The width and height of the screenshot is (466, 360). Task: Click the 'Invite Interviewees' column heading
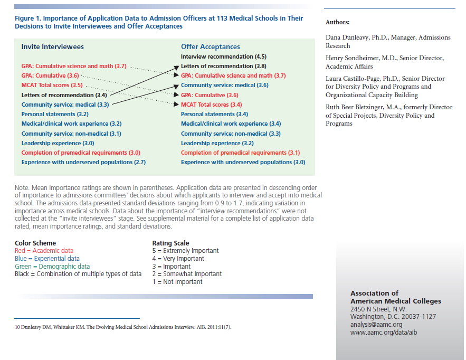(x=52, y=46)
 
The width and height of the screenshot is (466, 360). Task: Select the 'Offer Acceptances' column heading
(x=210, y=46)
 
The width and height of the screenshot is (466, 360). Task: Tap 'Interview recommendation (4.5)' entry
(x=223, y=56)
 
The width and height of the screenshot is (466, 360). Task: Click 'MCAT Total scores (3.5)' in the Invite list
(x=52, y=85)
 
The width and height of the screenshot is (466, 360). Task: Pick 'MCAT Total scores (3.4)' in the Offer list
(x=211, y=105)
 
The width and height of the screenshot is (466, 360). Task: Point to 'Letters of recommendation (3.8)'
(x=223, y=66)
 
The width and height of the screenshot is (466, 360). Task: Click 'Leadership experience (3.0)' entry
(x=58, y=143)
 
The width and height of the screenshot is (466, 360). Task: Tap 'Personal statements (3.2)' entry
(x=55, y=114)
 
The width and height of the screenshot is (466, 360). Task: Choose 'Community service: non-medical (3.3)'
(x=231, y=134)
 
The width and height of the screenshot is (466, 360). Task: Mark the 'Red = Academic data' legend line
(x=44, y=251)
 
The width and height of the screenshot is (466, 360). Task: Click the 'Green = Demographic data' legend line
(x=52, y=267)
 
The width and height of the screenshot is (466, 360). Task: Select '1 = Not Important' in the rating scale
(x=177, y=282)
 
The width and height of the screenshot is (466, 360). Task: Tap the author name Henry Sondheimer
(x=354, y=58)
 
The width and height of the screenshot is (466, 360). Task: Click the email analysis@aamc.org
(x=376, y=325)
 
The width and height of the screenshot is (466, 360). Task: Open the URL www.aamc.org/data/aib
(x=381, y=333)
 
